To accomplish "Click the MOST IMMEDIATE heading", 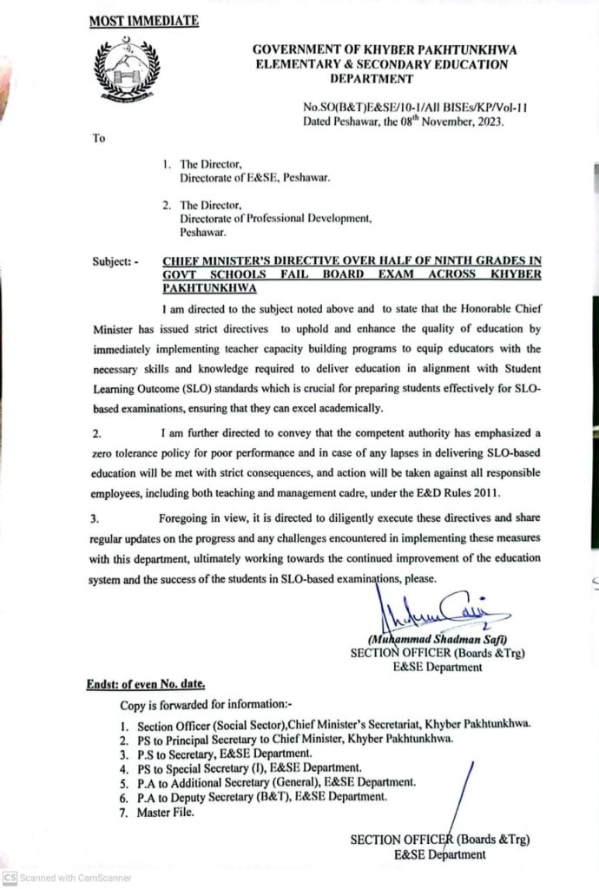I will coord(144,20).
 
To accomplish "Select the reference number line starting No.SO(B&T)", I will coord(416,108).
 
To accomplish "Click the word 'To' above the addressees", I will coord(98,137).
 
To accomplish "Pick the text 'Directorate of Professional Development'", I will coord(275,219).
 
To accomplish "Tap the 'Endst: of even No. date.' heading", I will coord(145,683).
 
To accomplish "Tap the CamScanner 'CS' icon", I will coord(10,878).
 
